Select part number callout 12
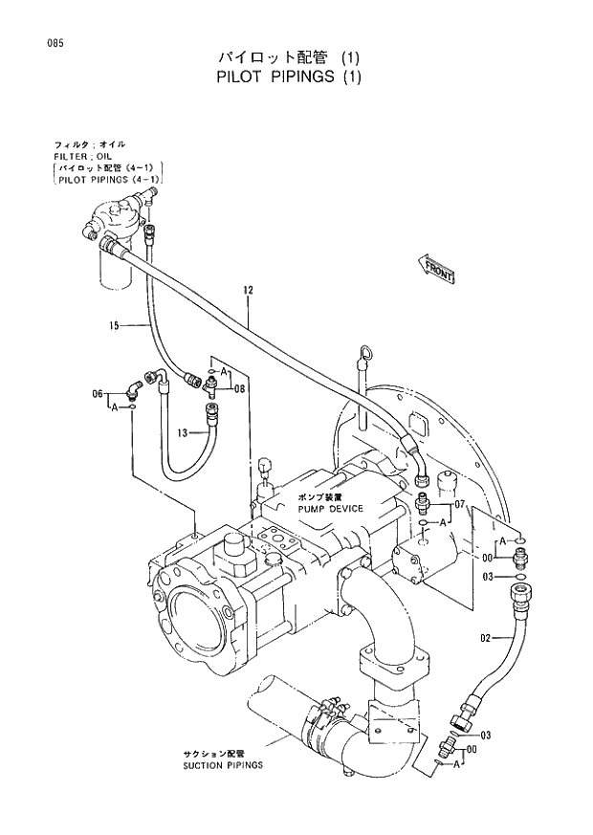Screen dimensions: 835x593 coord(248,289)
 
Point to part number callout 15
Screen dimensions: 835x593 coord(114,326)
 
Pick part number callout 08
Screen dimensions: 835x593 coord(239,389)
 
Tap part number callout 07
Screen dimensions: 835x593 coord(459,504)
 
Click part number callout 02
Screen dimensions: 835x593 coord(485,637)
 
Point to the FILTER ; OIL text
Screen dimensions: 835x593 coord(82,155)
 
